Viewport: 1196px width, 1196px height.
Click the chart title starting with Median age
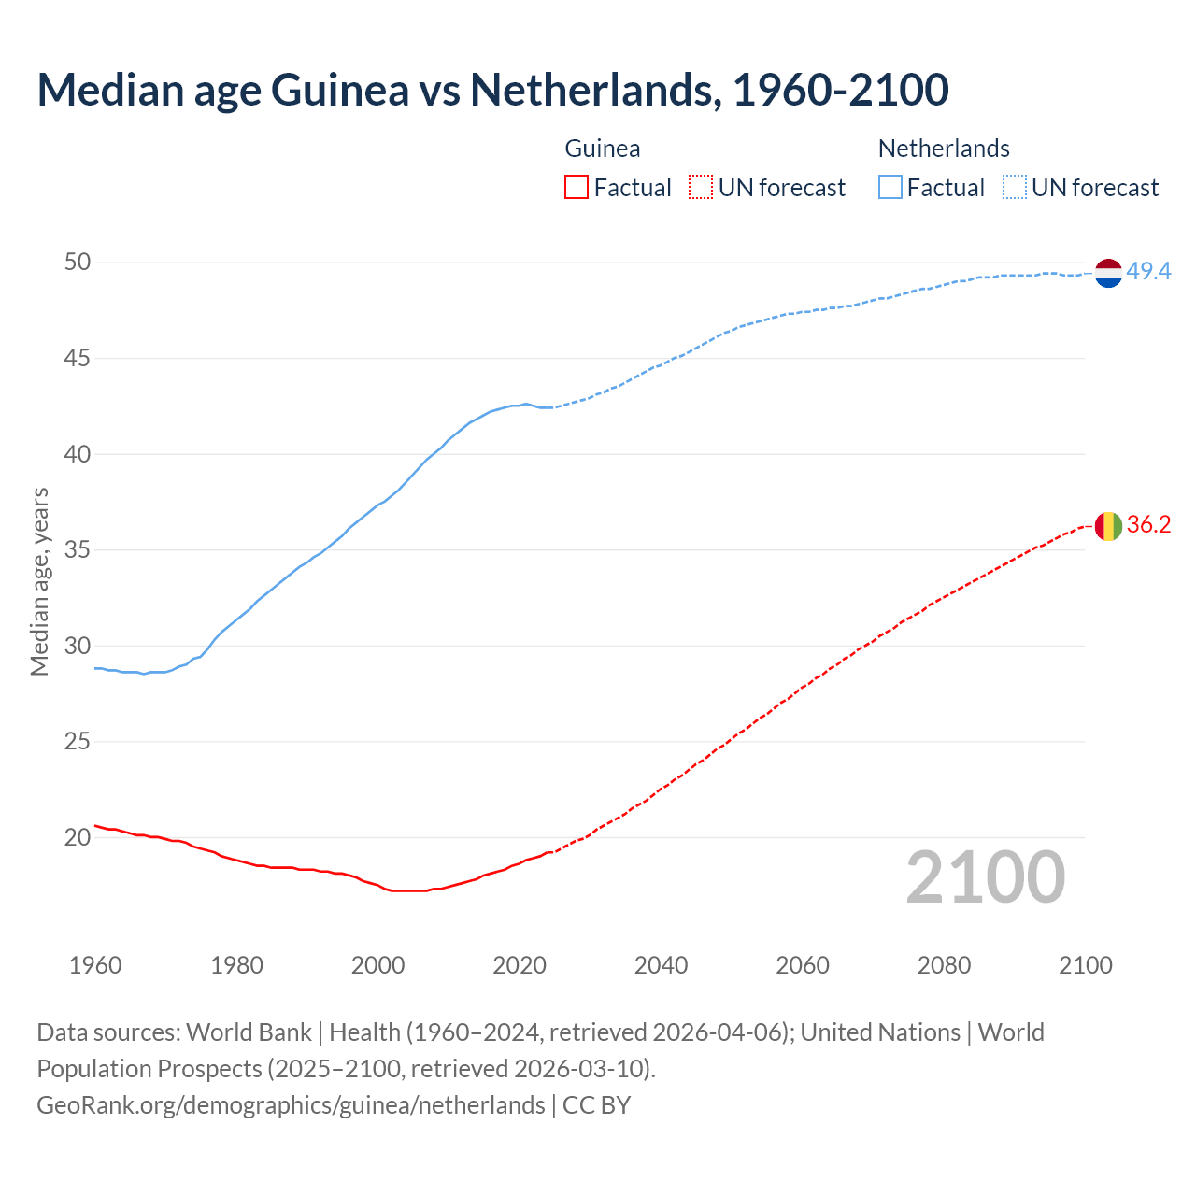tap(492, 90)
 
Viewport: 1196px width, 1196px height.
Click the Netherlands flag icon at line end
tap(1107, 272)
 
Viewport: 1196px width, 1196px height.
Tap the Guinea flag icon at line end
tap(1107, 525)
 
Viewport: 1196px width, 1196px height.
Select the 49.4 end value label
tap(1148, 272)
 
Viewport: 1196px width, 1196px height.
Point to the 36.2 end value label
tap(1148, 525)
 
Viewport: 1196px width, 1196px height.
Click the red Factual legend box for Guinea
tap(577, 188)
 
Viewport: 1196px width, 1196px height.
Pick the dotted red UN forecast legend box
tap(701, 188)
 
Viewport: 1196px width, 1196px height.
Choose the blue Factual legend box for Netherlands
tap(890, 188)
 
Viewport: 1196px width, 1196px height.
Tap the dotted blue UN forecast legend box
tap(1014, 188)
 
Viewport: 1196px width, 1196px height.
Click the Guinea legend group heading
tap(603, 149)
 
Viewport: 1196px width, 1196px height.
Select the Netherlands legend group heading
tap(944, 149)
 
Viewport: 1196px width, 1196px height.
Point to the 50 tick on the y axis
tap(78, 263)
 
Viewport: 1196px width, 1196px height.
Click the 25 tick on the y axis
tap(78, 742)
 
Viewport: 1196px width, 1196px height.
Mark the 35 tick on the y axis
tap(78, 550)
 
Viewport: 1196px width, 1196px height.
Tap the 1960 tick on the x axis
tap(95, 965)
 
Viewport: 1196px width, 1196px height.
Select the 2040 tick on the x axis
tap(661, 965)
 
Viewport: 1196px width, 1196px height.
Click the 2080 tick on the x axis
tap(944, 965)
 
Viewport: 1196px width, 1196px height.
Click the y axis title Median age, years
tap(39, 581)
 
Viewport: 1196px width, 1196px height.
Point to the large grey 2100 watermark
tap(986, 877)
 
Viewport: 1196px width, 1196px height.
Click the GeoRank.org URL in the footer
tap(291, 1105)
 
